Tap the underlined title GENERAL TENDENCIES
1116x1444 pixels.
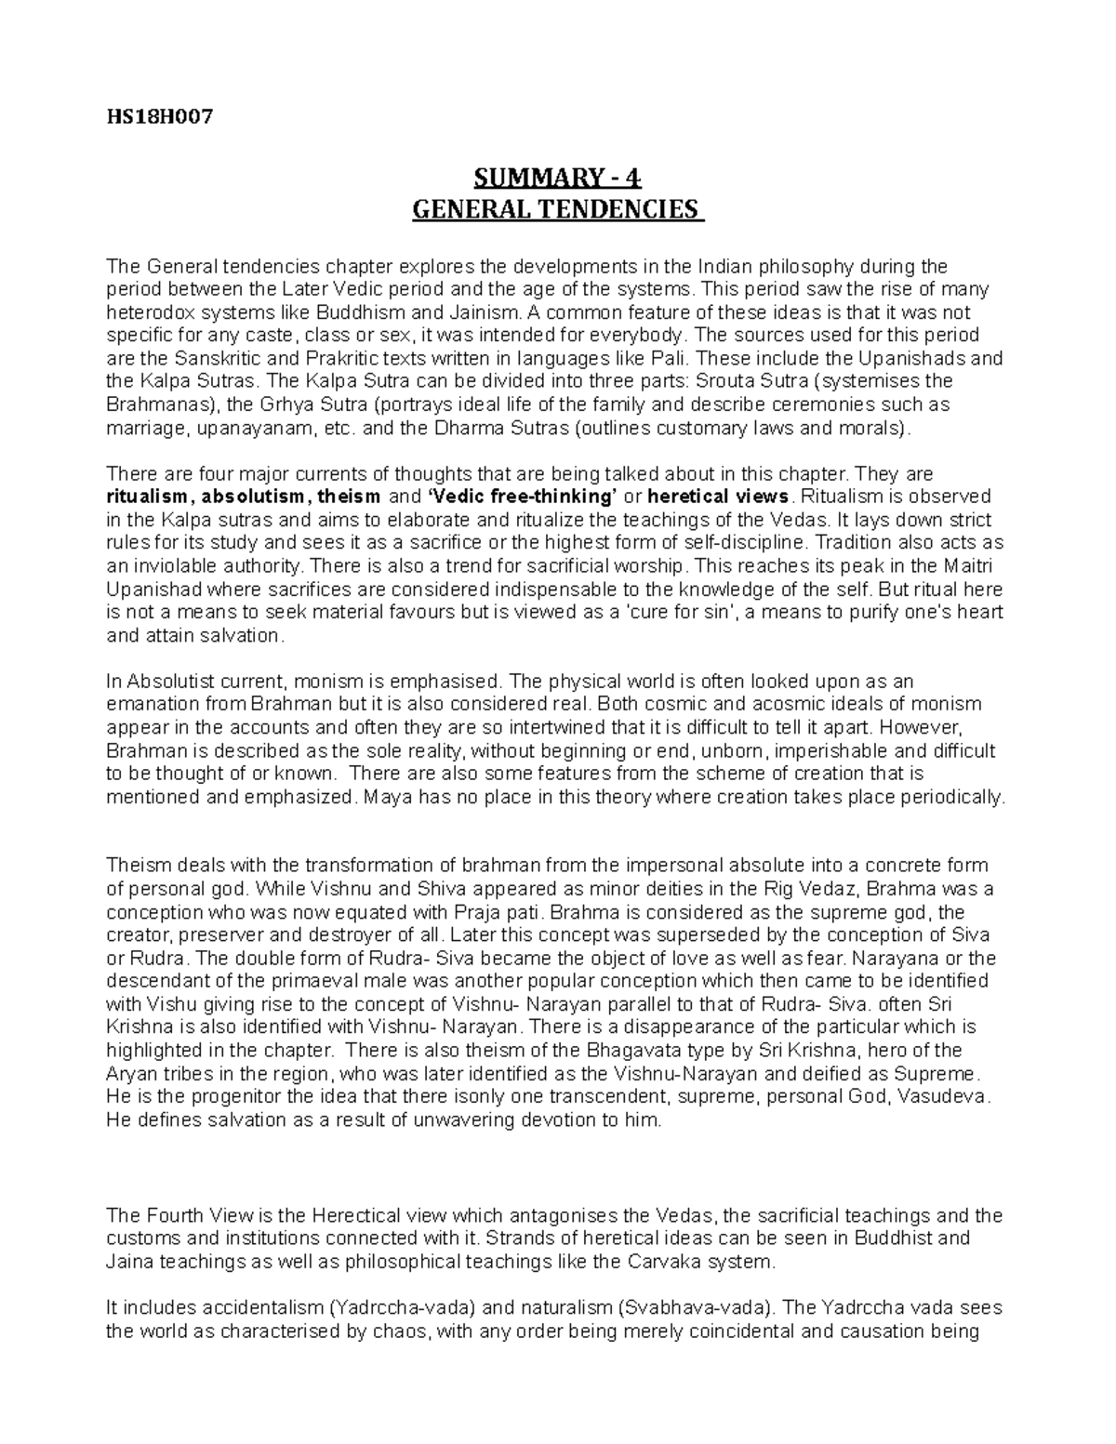(557, 208)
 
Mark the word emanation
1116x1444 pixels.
(150, 704)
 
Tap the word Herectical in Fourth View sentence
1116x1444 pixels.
(358, 1215)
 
